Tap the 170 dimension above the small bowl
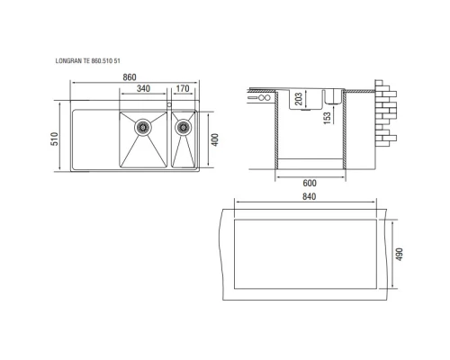pos(183,89)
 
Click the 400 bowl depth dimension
pos(214,140)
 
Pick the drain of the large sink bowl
pos(141,128)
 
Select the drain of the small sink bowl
pos(184,128)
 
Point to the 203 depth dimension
pos(298,98)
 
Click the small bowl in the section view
pos(329,95)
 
